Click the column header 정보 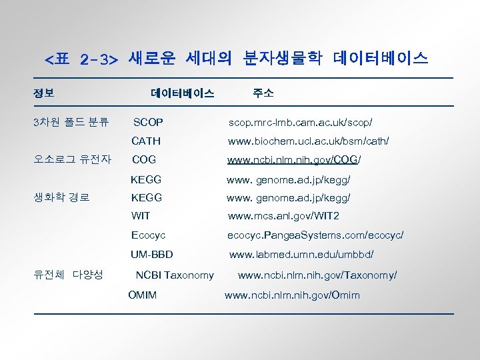coord(44,93)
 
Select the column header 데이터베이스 coord(183,93)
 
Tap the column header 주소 coord(263,93)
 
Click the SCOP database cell coord(148,123)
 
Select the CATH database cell coord(146,141)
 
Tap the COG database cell coord(144,160)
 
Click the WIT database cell coord(141,216)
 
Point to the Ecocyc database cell coord(148,235)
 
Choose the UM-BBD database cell coord(152,255)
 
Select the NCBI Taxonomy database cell coord(175,275)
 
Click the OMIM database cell coord(142,295)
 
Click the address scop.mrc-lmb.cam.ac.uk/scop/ coord(300,123)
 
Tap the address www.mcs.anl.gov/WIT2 coord(283,216)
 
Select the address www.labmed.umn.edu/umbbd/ coord(301,255)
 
